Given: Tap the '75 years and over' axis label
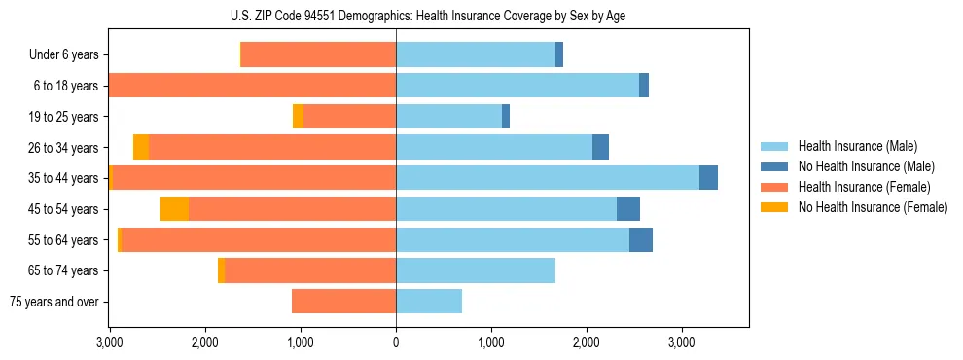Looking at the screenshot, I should click(x=53, y=302).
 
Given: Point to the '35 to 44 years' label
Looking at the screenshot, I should click(x=64, y=178).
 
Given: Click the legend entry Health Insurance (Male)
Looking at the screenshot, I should click(x=856, y=146).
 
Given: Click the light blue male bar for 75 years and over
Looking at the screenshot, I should click(x=429, y=302).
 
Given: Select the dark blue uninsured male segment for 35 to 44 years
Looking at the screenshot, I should click(x=708, y=178).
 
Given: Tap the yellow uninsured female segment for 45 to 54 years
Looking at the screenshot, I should click(x=174, y=209).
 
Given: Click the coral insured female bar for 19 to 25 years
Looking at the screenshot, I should click(x=349, y=117).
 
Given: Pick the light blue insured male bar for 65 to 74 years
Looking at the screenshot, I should click(x=476, y=270).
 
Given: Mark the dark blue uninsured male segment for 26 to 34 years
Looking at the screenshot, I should click(x=600, y=147).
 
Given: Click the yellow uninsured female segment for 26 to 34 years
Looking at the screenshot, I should click(x=141, y=147).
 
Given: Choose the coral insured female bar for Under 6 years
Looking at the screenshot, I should click(x=318, y=55).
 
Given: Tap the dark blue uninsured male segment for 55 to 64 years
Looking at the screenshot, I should click(x=641, y=239).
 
